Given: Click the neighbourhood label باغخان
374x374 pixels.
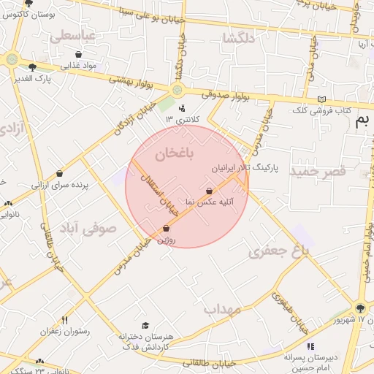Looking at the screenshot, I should point(175,153).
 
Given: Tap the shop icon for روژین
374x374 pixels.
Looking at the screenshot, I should point(167,228).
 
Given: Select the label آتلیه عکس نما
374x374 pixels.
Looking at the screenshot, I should point(208,202).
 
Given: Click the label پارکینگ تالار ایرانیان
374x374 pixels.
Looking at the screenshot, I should point(244,167).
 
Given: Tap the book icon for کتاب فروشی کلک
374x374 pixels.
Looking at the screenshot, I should point(321,100).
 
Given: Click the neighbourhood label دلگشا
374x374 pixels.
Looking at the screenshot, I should point(240,39).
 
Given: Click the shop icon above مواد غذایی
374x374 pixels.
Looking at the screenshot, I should point(79,54).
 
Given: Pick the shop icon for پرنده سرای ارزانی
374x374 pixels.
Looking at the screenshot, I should point(59,174).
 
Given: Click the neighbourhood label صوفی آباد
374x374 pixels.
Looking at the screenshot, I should point(88,228).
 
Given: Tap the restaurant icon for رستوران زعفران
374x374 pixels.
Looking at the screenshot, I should point(64,320).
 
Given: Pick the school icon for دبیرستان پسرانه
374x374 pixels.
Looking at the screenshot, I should point(310,346).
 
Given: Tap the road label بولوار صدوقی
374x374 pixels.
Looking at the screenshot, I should point(223,93).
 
